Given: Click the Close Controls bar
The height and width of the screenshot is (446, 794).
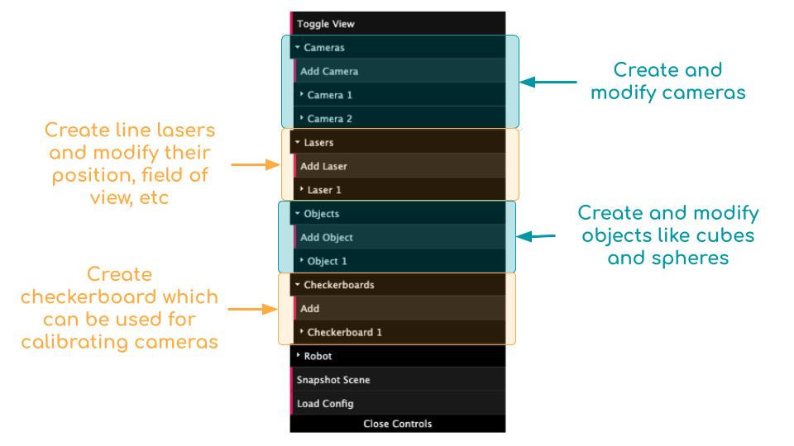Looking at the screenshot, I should click(397, 425).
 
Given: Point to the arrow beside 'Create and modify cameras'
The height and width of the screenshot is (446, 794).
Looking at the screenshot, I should click(549, 82).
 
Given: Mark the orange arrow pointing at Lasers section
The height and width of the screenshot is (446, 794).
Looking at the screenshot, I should click(256, 165).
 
